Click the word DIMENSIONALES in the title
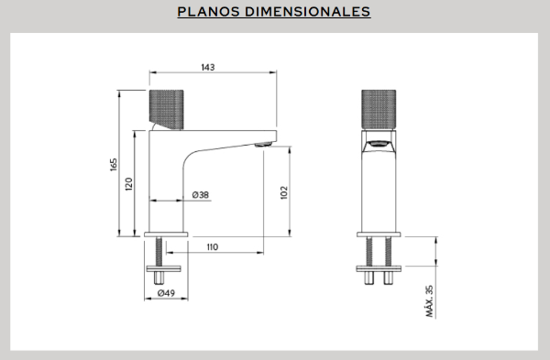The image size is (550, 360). click(x=307, y=12)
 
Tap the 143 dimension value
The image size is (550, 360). click(x=208, y=67)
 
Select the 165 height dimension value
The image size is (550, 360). click(x=114, y=164)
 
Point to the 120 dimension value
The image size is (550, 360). click(x=129, y=184)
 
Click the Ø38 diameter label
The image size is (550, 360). click(x=201, y=195)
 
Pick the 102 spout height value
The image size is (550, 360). click(x=284, y=192)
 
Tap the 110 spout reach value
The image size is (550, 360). click(x=213, y=247)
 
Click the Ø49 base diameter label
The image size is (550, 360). click(x=166, y=293)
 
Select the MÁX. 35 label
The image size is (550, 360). click(x=429, y=301)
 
